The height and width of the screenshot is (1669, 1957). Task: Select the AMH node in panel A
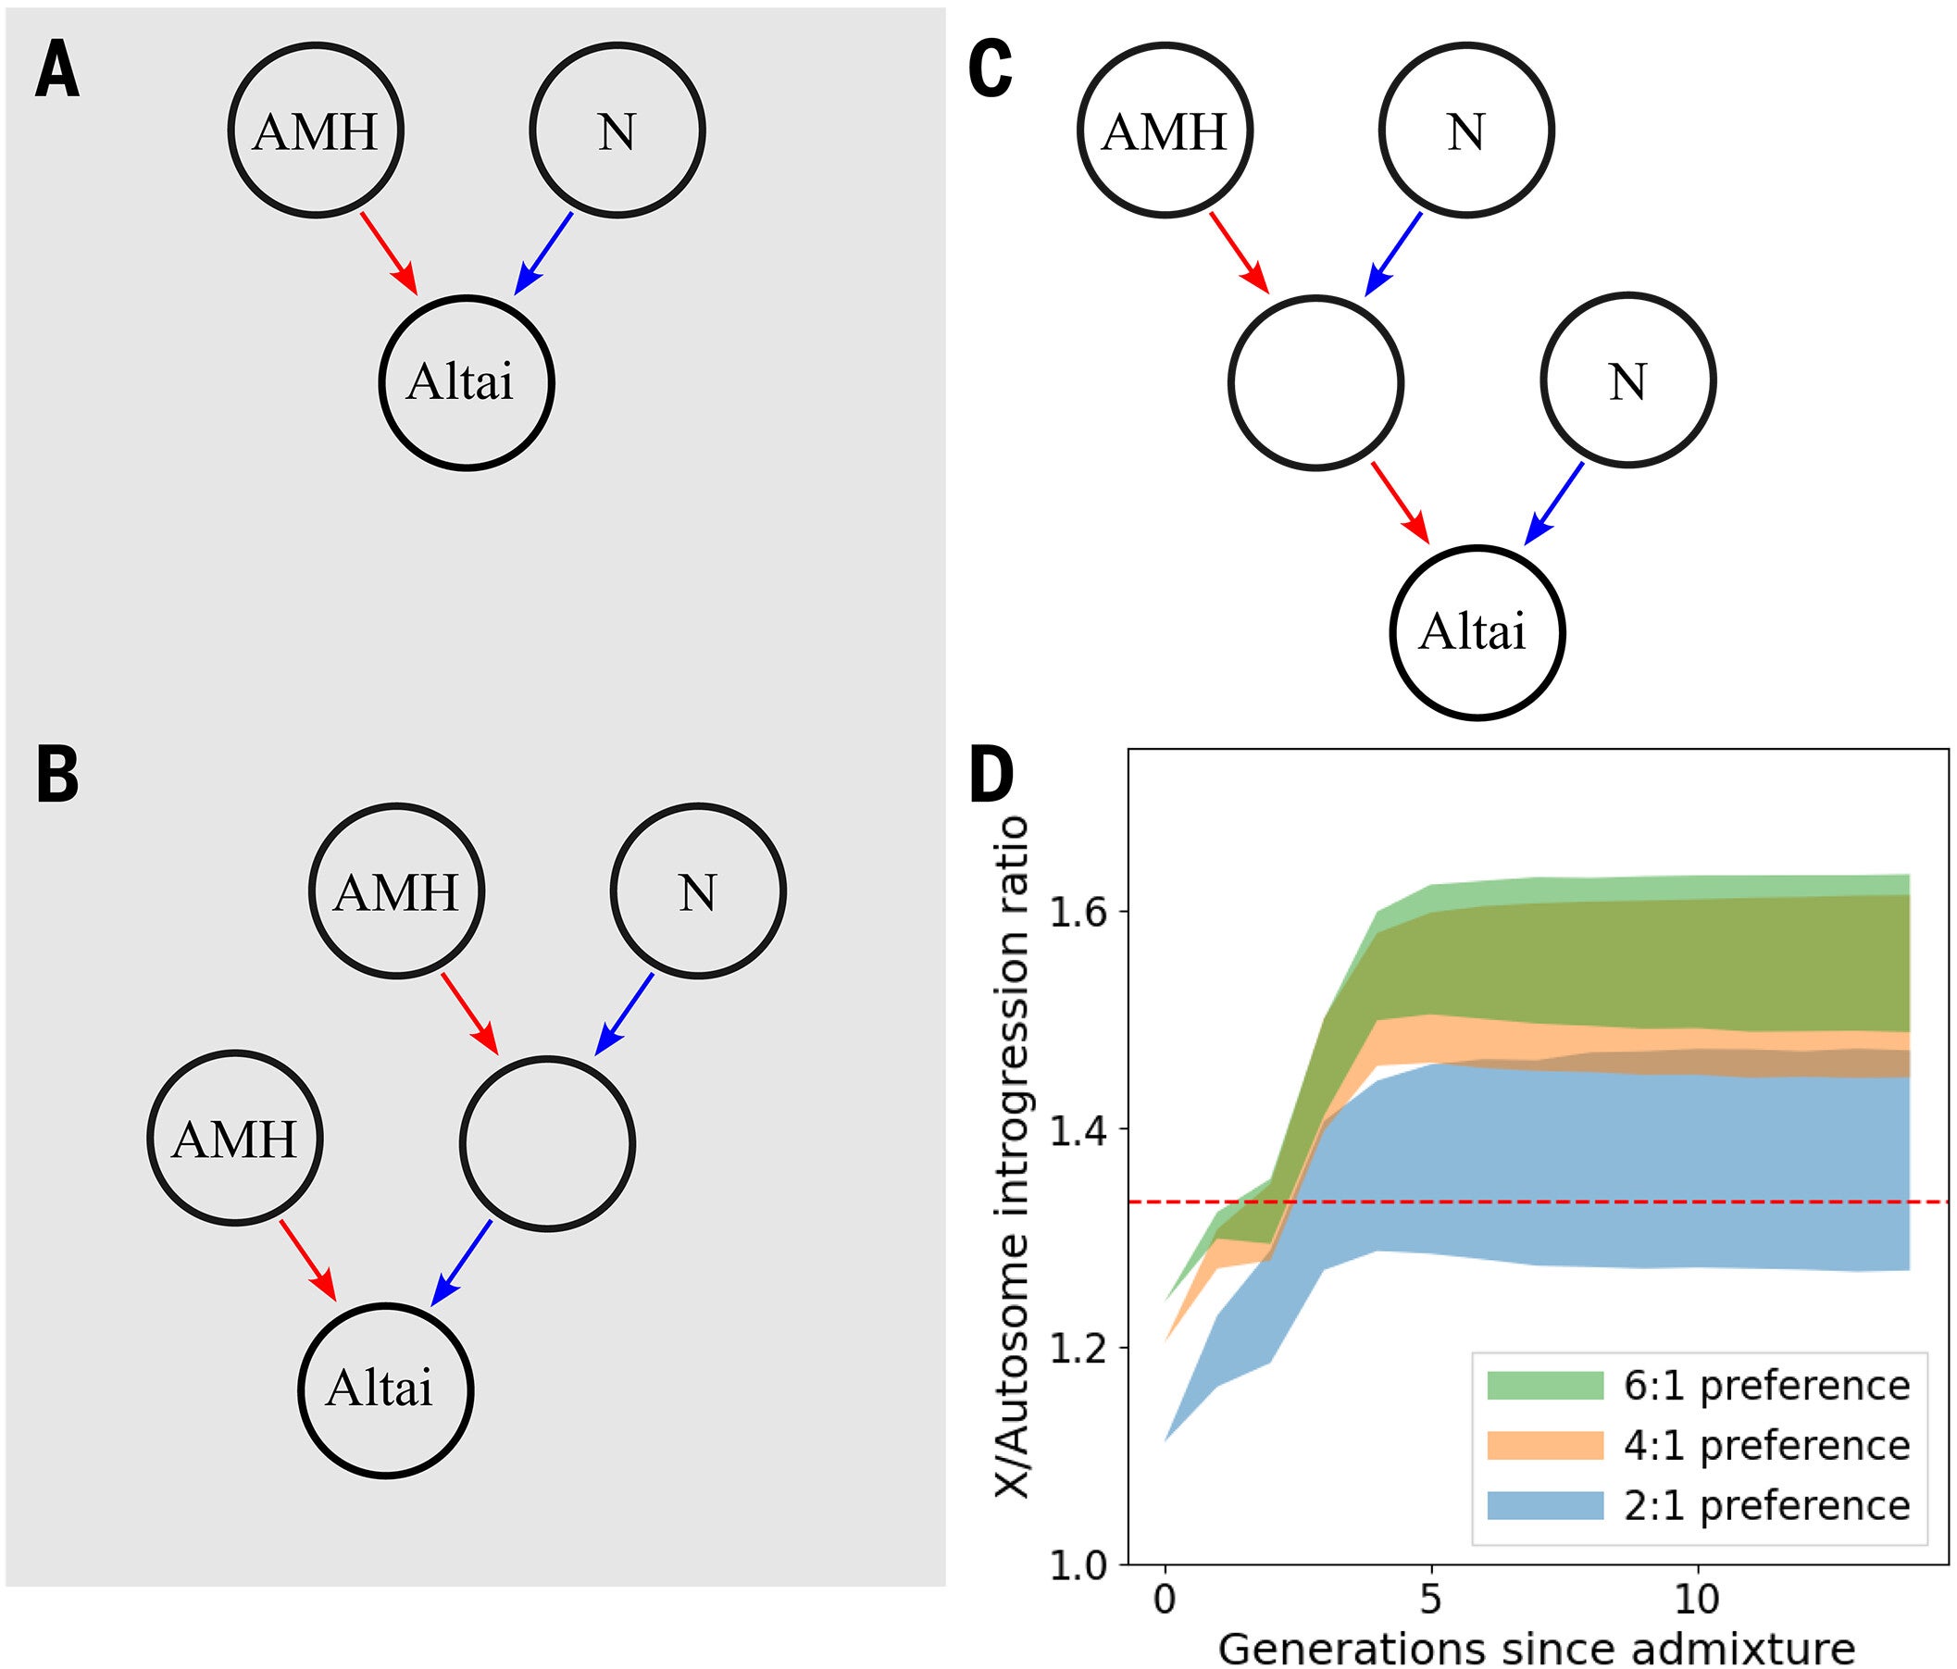(316, 131)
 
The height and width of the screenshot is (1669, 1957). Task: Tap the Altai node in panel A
(467, 382)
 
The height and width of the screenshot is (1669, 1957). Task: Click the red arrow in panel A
(388, 252)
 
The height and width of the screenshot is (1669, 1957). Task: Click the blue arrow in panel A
(544, 252)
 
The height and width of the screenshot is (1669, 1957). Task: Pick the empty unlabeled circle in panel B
(548, 1143)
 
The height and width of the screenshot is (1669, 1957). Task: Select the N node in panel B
(698, 890)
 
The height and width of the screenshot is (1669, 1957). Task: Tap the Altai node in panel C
(1477, 632)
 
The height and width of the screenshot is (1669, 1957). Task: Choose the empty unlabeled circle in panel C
(1315, 381)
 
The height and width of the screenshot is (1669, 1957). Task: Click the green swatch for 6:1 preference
(1545, 1385)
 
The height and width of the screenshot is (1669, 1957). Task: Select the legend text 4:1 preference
(1767, 1445)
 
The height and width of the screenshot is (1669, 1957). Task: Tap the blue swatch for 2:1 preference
(1545, 1504)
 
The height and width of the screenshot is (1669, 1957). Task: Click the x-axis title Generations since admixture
(1536, 1649)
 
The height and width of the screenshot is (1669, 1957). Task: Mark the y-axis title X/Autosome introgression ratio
(1013, 1157)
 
